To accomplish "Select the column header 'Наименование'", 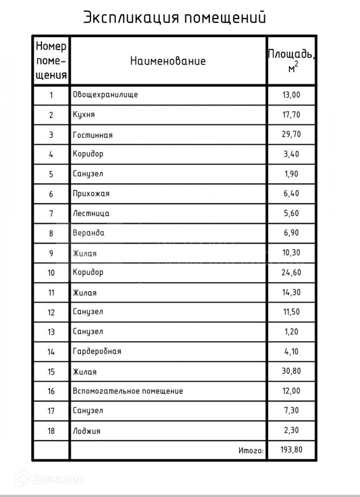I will coord(168,61).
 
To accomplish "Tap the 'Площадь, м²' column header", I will coord(291,61).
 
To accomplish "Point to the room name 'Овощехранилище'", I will coord(105,95).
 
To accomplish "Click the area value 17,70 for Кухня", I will coord(291,115).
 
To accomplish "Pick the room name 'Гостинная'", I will coord(93,135).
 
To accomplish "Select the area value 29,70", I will coord(291,135).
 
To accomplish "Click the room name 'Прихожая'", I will coord(91,194).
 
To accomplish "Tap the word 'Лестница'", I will coord(91,214).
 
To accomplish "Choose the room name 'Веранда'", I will coord(89,233).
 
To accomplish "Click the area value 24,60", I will coord(291,273).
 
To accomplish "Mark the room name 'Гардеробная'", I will coord(97,352).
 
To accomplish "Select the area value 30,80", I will coord(291,371).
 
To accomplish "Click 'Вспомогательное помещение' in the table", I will coord(127,391).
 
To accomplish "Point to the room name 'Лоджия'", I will coord(86,431).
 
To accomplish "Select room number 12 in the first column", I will coord(51,312).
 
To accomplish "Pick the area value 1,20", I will coord(291,332).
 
